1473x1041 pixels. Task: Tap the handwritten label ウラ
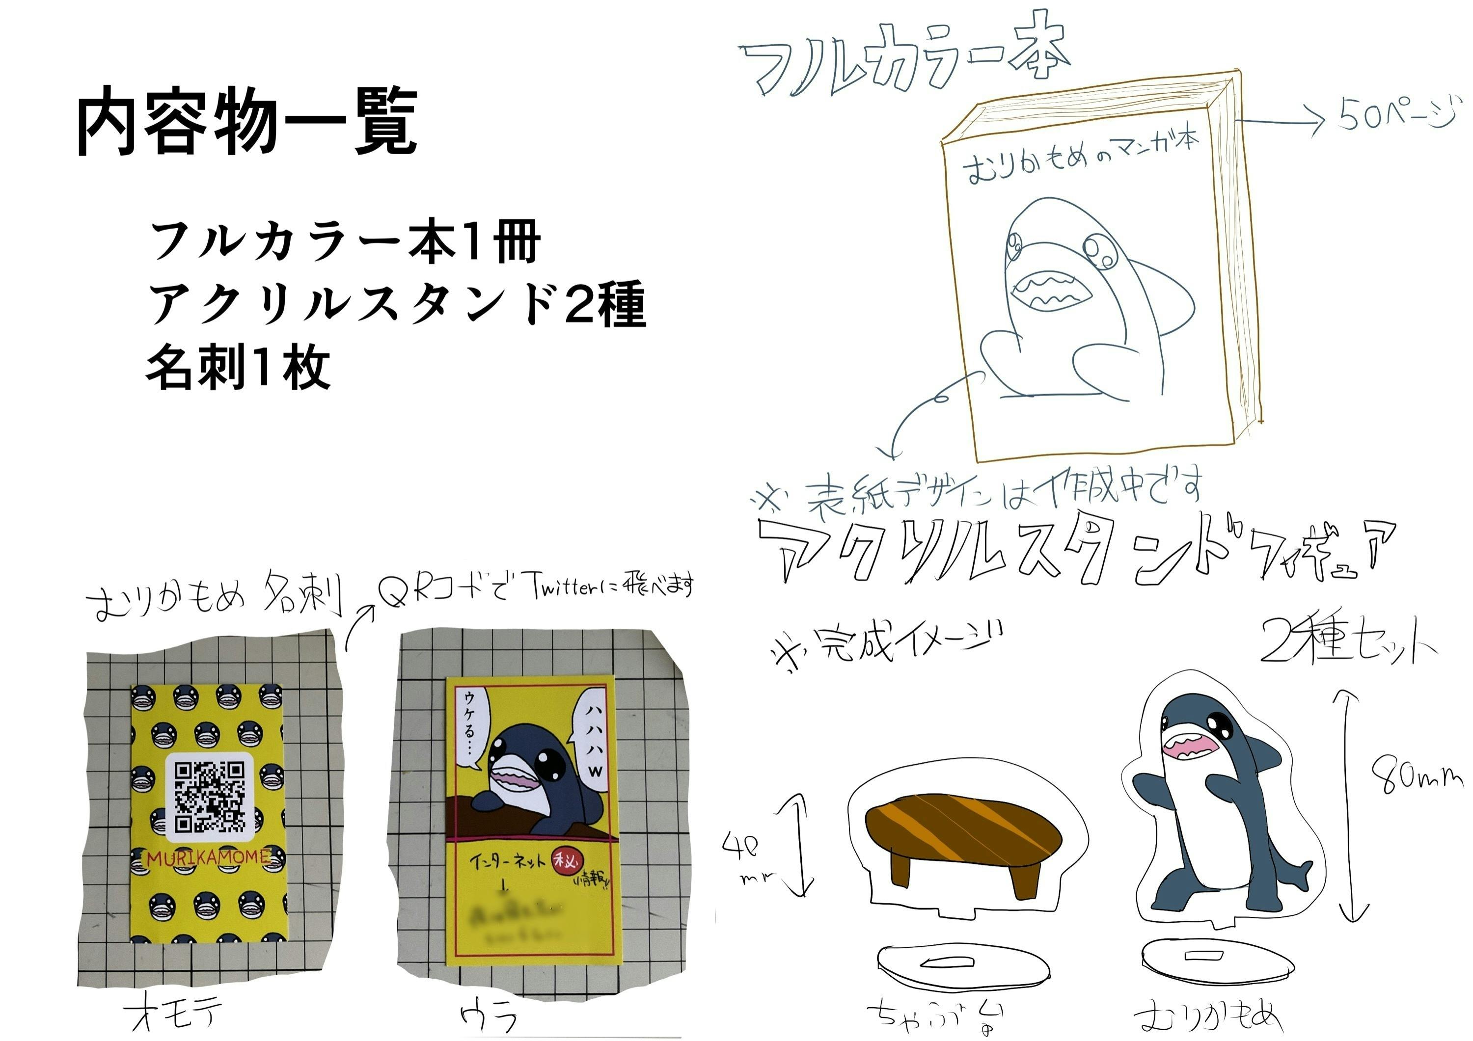point(489,1015)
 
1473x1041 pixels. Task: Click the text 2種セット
point(1347,643)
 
